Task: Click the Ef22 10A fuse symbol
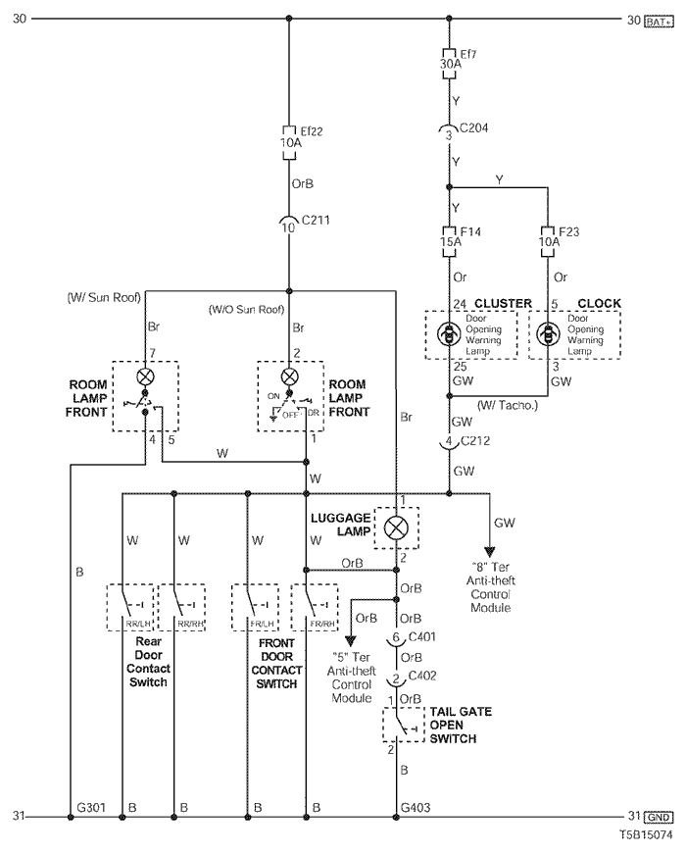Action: tap(289, 143)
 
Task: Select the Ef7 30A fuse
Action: tap(449, 64)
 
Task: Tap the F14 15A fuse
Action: tap(449, 241)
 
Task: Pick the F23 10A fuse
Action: tap(548, 241)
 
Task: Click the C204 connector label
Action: tap(473, 128)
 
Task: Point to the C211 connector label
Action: tap(316, 220)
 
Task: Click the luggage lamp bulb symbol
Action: tap(396, 527)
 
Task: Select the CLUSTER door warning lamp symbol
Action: tap(449, 334)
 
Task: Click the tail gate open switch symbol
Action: tap(404, 725)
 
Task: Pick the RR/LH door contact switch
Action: tap(130, 607)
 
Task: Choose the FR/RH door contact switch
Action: tap(315, 607)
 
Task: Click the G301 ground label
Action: tap(91, 807)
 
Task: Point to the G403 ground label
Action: tap(416, 807)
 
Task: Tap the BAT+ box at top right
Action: tap(659, 22)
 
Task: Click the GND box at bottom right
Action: tap(659, 817)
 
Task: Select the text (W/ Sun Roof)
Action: tap(104, 297)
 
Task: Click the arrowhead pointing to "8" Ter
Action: tap(489, 553)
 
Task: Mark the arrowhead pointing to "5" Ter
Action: tap(351, 641)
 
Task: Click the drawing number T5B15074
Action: tap(646, 834)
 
